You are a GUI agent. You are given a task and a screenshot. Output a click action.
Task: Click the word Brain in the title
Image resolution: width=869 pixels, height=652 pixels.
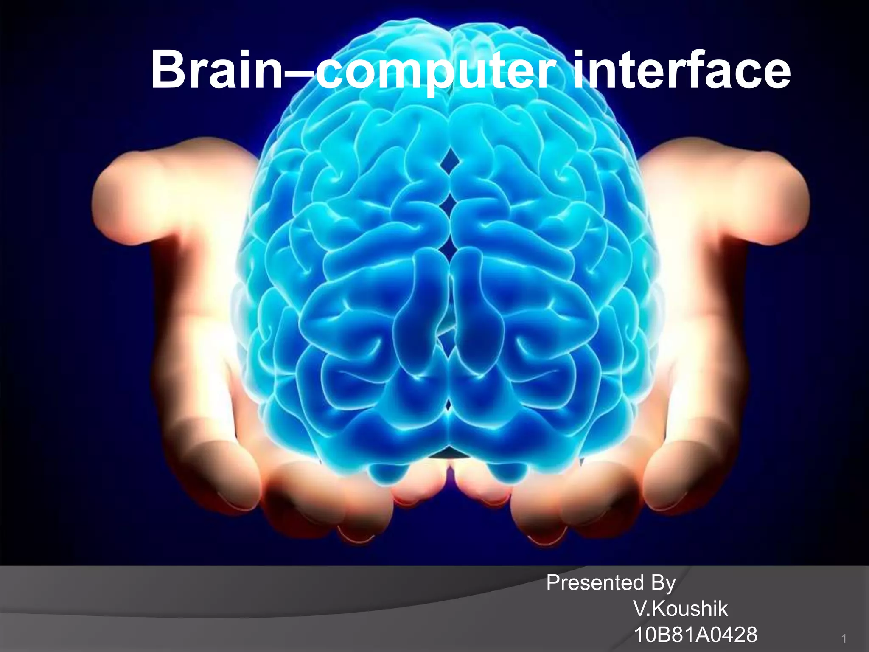(216, 70)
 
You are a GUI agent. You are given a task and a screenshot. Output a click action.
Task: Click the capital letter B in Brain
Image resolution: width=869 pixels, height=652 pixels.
(167, 70)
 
